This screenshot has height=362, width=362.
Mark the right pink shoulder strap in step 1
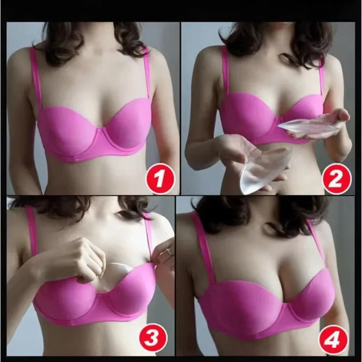point(147,77)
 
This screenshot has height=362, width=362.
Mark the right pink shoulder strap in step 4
point(317,244)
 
